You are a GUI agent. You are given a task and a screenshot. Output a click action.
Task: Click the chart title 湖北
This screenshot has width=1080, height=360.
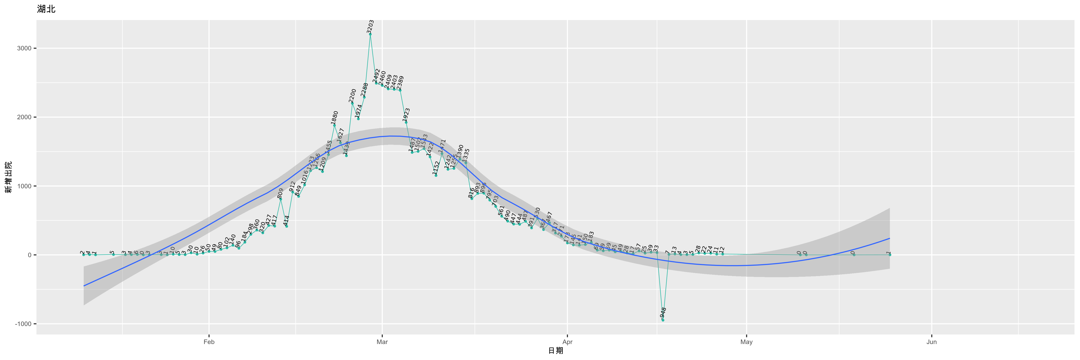[x=46, y=9]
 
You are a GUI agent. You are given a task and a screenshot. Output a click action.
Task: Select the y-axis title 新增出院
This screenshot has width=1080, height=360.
[x=8, y=177]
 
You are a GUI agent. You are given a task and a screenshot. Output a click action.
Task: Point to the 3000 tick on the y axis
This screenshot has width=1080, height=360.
[x=24, y=48]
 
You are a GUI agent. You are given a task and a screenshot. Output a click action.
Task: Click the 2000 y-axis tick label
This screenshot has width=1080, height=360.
[x=24, y=117]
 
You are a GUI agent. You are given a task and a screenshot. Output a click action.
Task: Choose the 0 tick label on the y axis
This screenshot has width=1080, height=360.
[x=29, y=255]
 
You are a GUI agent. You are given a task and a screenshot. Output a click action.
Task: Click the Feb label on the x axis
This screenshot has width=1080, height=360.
[x=209, y=342]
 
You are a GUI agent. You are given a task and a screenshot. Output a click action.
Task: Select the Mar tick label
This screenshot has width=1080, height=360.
[x=382, y=342]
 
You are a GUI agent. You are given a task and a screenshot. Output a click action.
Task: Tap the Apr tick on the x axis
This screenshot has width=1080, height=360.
[x=567, y=342]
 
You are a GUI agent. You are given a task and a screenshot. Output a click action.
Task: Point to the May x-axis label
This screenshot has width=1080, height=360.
[x=746, y=342]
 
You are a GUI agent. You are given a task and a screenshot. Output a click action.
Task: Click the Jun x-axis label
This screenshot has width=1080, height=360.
[x=931, y=342]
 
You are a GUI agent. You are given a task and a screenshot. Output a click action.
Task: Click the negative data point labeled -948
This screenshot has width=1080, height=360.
[x=663, y=320]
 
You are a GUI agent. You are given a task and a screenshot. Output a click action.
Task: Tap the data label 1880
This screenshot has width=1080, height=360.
[x=334, y=118]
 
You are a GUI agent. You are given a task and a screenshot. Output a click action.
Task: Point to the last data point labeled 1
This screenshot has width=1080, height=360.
[x=890, y=255]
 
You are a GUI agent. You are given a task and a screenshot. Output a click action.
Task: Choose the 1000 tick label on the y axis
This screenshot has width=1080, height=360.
[x=24, y=186]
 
